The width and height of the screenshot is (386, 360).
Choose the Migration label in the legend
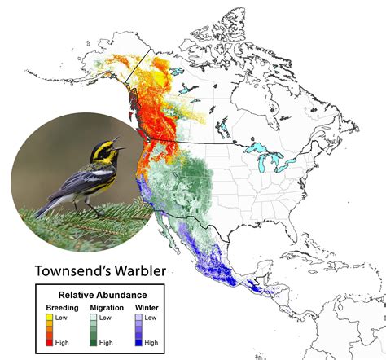click(x=107, y=307)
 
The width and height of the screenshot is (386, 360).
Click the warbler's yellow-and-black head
click(x=108, y=150)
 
